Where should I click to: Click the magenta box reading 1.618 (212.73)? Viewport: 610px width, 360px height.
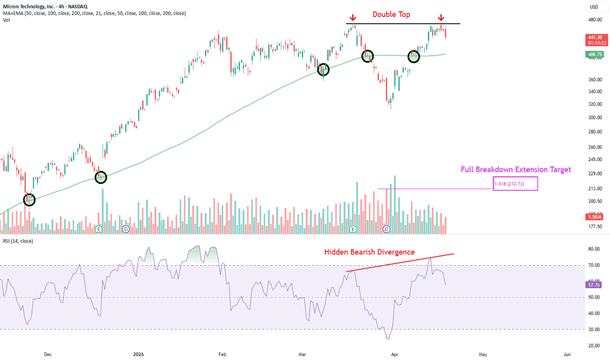click(515, 184)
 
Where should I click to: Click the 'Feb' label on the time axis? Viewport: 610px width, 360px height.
click(223, 353)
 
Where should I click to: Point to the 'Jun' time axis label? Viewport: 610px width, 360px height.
click(567, 353)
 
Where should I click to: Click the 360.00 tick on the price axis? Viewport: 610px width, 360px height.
click(594, 80)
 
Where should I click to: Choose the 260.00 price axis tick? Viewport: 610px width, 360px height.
click(594, 147)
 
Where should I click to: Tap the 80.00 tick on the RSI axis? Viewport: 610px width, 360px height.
click(594, 249)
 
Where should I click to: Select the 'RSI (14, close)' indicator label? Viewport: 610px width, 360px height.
click(20, 242)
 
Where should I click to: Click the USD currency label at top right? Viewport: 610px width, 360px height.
click(594, 7)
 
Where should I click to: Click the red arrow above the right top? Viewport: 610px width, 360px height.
click(441, 18)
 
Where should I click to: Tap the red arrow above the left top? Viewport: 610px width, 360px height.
click(352, 18)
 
